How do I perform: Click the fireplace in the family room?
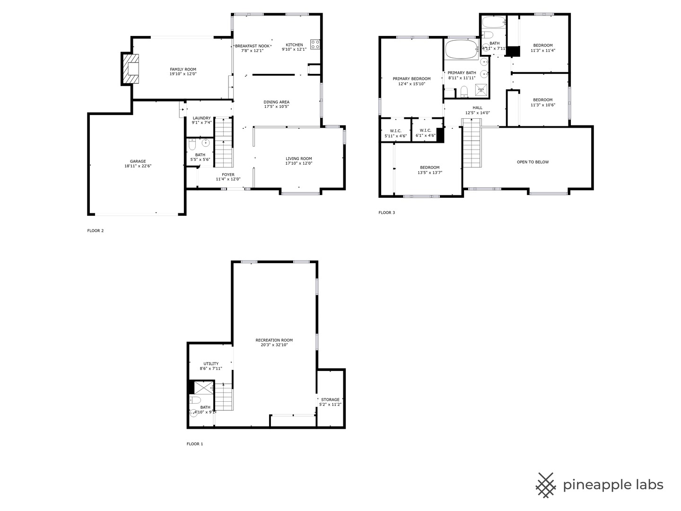(x=131, y=69)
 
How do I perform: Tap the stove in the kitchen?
(x=315, y=44)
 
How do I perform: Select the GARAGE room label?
(x=138, y=161)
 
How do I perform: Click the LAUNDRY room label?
(x=201, y=118)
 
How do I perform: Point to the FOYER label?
(x=228, y=175)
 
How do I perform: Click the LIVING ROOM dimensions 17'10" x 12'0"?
(x=299, y=163)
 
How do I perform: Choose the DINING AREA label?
(x=277, y=102)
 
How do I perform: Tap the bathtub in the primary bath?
(x=462, y=49)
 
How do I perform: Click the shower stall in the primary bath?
(x=481, y=90)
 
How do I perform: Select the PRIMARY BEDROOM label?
(x=412, y=79)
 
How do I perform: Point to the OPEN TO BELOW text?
(x=533, y=162)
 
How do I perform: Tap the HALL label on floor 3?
(x=478, y=108)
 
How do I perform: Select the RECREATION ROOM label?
(x=274, y=340)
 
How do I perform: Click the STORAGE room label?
(x=331, y=400)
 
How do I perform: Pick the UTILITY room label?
(x=211, y=364)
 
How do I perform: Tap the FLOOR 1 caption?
(x=195, y=444)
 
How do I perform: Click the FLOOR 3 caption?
(x=386, y=212)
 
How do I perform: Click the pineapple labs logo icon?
(x=546, y=485)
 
